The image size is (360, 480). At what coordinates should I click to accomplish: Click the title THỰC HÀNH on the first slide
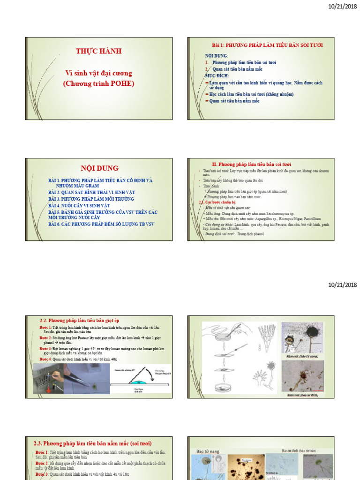(x=98, y=51)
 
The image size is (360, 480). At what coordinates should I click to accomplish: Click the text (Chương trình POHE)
(x=98, y=83)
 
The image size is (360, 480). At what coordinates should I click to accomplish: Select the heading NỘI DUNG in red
(x=100, y=168)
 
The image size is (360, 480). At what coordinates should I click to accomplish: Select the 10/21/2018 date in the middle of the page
(x=342, y=285)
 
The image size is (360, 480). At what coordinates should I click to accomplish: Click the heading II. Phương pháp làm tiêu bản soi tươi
(x=251, y=165)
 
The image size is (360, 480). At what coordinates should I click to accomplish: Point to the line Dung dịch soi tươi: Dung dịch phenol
(x=230, y=233)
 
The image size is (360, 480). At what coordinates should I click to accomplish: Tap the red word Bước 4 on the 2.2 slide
(x=45, y=359)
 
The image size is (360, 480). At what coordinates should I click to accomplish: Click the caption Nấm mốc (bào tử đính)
(x=303, y=395)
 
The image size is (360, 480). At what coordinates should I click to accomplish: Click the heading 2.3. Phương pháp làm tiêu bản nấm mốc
(x=93, y=443)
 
